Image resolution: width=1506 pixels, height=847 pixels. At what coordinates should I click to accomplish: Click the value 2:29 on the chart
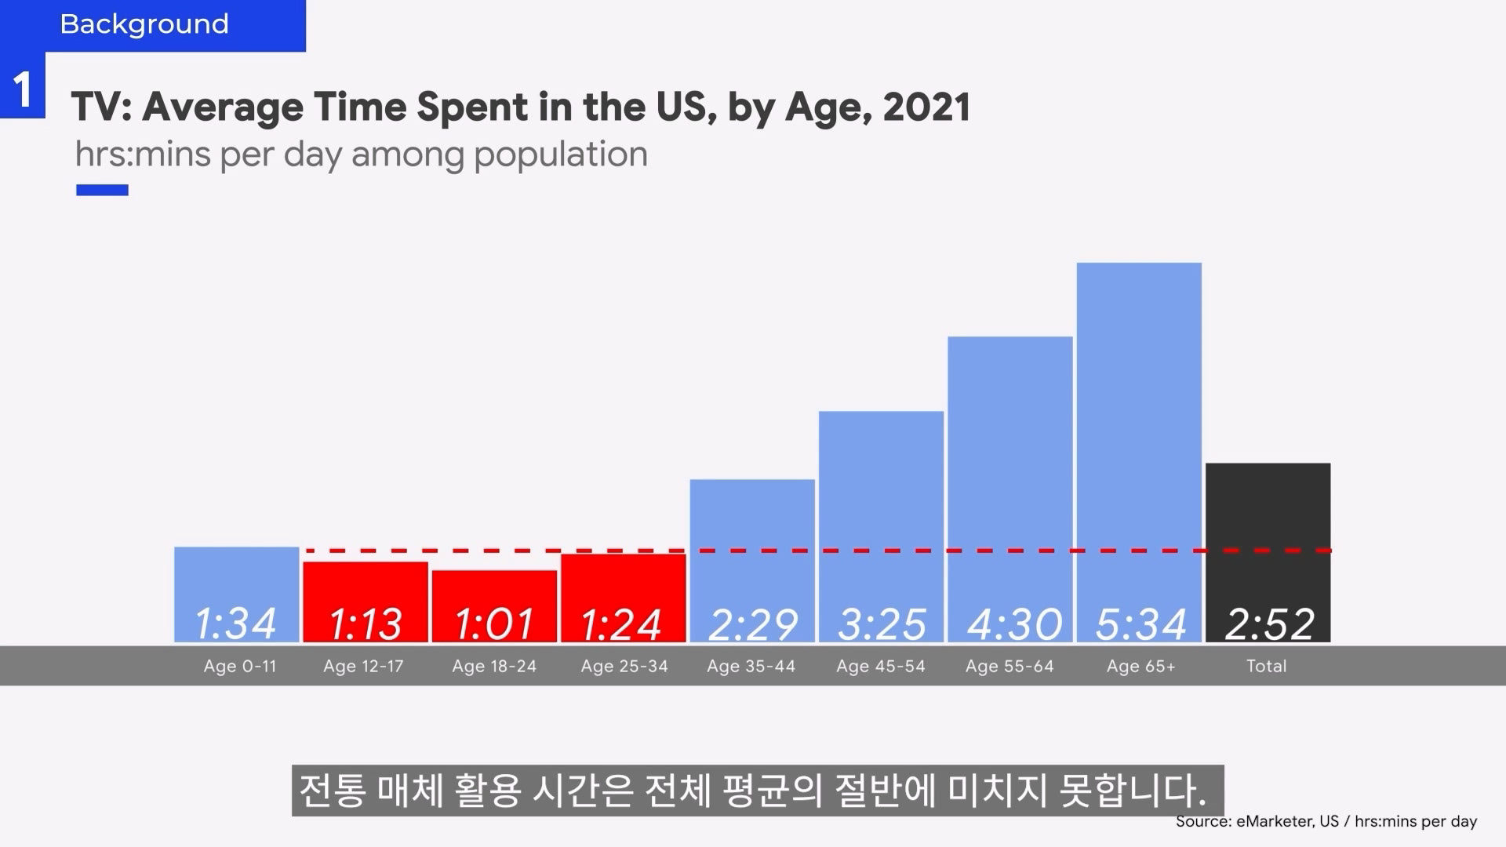753,624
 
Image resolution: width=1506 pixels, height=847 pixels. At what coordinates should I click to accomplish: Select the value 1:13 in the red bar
365,624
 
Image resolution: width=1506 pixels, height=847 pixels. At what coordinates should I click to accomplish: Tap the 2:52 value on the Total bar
1269,624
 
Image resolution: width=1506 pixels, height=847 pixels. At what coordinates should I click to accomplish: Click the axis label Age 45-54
881,667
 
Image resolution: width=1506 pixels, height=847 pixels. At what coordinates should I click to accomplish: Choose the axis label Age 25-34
624,667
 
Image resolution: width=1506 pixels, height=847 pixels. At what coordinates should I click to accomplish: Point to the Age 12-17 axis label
363,667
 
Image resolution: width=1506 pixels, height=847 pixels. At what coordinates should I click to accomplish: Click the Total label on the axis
1266,667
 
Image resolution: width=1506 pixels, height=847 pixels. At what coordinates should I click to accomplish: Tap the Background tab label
144,24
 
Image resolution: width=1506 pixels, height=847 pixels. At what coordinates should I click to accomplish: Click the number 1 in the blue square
23,89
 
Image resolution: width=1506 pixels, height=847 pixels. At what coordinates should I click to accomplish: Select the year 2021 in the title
927,107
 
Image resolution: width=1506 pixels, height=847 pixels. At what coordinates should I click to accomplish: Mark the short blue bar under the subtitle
102,190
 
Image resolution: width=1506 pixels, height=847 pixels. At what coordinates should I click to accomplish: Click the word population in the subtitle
561,154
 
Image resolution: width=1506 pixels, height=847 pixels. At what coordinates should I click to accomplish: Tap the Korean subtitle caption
752,791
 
